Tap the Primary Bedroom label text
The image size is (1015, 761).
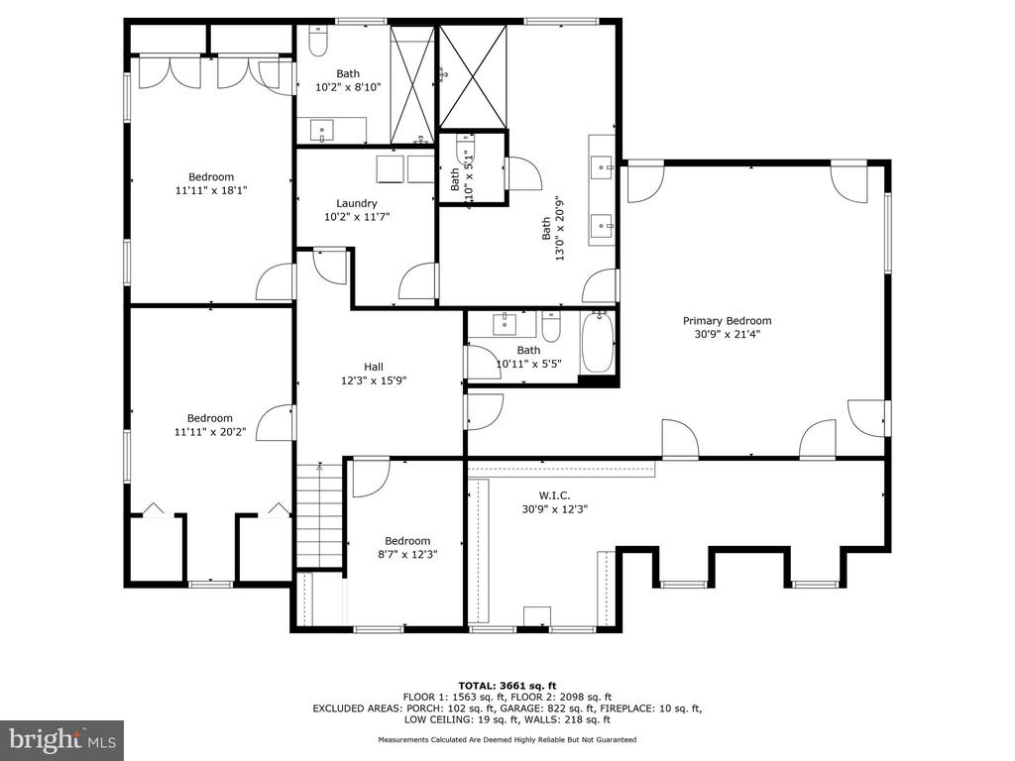pyautogui.click(x=727, y=320)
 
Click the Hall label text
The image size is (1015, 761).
pyautogui.click(x=374, y=367)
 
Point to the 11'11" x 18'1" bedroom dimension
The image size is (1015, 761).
pyautogui.click(x=210, y=190)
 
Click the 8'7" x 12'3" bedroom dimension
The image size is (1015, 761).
pyautogui.click(x=407, y=554)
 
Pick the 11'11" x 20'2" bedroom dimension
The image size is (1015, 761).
pyautogui.click(x=210, y=431)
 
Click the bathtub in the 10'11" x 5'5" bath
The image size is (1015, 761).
pyautogui.click(x=598, y=342)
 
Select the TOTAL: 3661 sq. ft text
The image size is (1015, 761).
pyautogui.click(x=507, y=686)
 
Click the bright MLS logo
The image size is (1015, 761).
pyautogui.click(x=61, y=739)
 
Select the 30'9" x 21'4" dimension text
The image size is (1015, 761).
pyautogui.click(x=727, y=333)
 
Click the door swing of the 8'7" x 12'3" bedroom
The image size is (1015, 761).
pyautogui.click(x=369, y=476)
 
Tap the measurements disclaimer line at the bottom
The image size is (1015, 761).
pyautogui.click(x=507, y=740)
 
